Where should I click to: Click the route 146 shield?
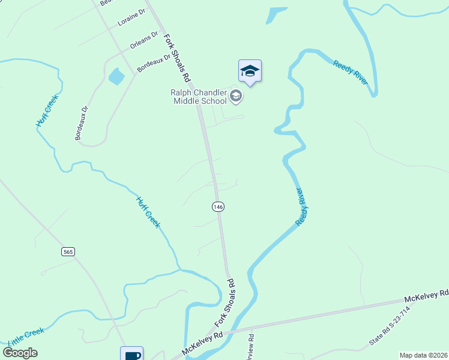pos(218,206)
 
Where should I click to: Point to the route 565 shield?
pos(68,252)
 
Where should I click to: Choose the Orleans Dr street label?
pos(144,41)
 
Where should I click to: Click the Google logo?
pos(20,352)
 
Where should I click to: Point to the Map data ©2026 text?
pos(424,355)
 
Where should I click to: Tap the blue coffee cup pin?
pos(131,355)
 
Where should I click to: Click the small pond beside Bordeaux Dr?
pos(116,77)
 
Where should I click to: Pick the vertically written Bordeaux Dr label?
pos(82,123)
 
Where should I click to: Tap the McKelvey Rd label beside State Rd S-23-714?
pos(426,295)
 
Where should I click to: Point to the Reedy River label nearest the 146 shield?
pos(305,207)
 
